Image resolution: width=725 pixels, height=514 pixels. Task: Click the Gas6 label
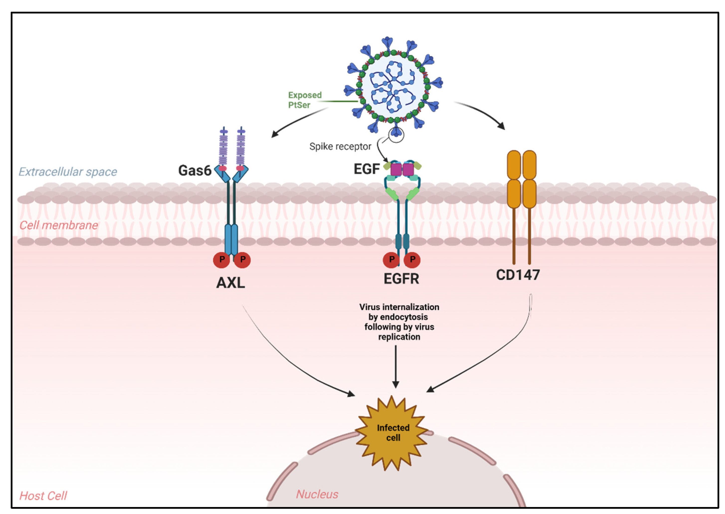(x=195, y=171)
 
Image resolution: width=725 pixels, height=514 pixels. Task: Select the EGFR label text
(x=401, y=279)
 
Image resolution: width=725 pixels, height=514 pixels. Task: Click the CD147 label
(x=518, y=275)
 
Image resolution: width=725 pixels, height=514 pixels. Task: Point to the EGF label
(x=366, y=169)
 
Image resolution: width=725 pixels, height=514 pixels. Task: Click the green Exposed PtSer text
(x=304, y=100)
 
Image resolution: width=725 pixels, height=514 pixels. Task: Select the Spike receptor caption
(x=340, y=146)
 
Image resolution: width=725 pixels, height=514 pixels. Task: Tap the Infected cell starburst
(x=393, y=433)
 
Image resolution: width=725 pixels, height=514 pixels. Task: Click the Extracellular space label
(x=68, y=172)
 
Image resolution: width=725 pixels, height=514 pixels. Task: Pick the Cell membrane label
(x=59, y=225)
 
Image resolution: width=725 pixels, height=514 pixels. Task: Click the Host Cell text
(x=43, y=496)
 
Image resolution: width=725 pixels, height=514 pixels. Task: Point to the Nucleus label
(x=317, y=494)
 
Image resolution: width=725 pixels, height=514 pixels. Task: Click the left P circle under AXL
(x=221, y=260)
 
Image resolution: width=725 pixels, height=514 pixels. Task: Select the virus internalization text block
(x=399, y=322)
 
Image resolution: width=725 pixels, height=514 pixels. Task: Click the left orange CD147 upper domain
(x=514, y=165)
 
